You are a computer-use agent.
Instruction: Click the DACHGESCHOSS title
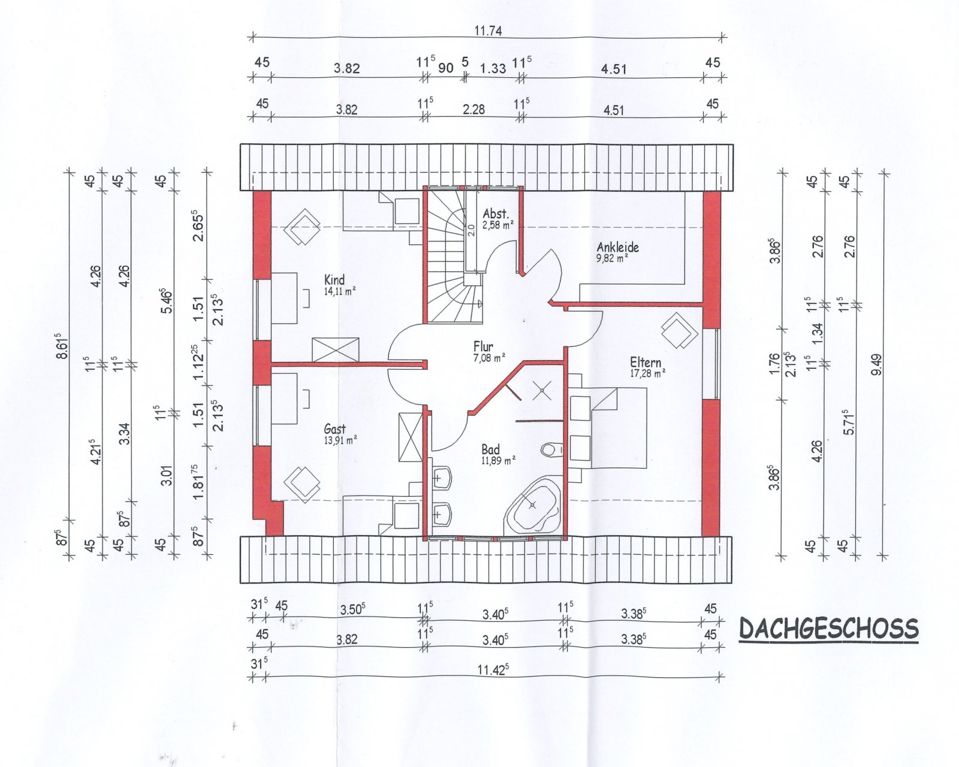pos(828,629)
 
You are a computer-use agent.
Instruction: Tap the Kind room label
pos(334,280)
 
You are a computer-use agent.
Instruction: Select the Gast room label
pos(335,429)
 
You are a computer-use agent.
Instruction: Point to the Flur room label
pos(483,346)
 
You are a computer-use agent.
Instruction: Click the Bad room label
pos(490,449)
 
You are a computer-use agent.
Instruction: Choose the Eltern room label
pos(646,363)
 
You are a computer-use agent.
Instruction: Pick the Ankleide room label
pos(617,247)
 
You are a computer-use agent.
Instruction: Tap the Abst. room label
pos(496,214)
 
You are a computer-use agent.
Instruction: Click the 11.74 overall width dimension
pos(488,31)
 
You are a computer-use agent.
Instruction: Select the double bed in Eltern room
pos(617,427)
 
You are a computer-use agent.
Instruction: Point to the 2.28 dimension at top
pos(474,109)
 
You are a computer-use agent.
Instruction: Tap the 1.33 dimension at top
pos(493,68)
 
